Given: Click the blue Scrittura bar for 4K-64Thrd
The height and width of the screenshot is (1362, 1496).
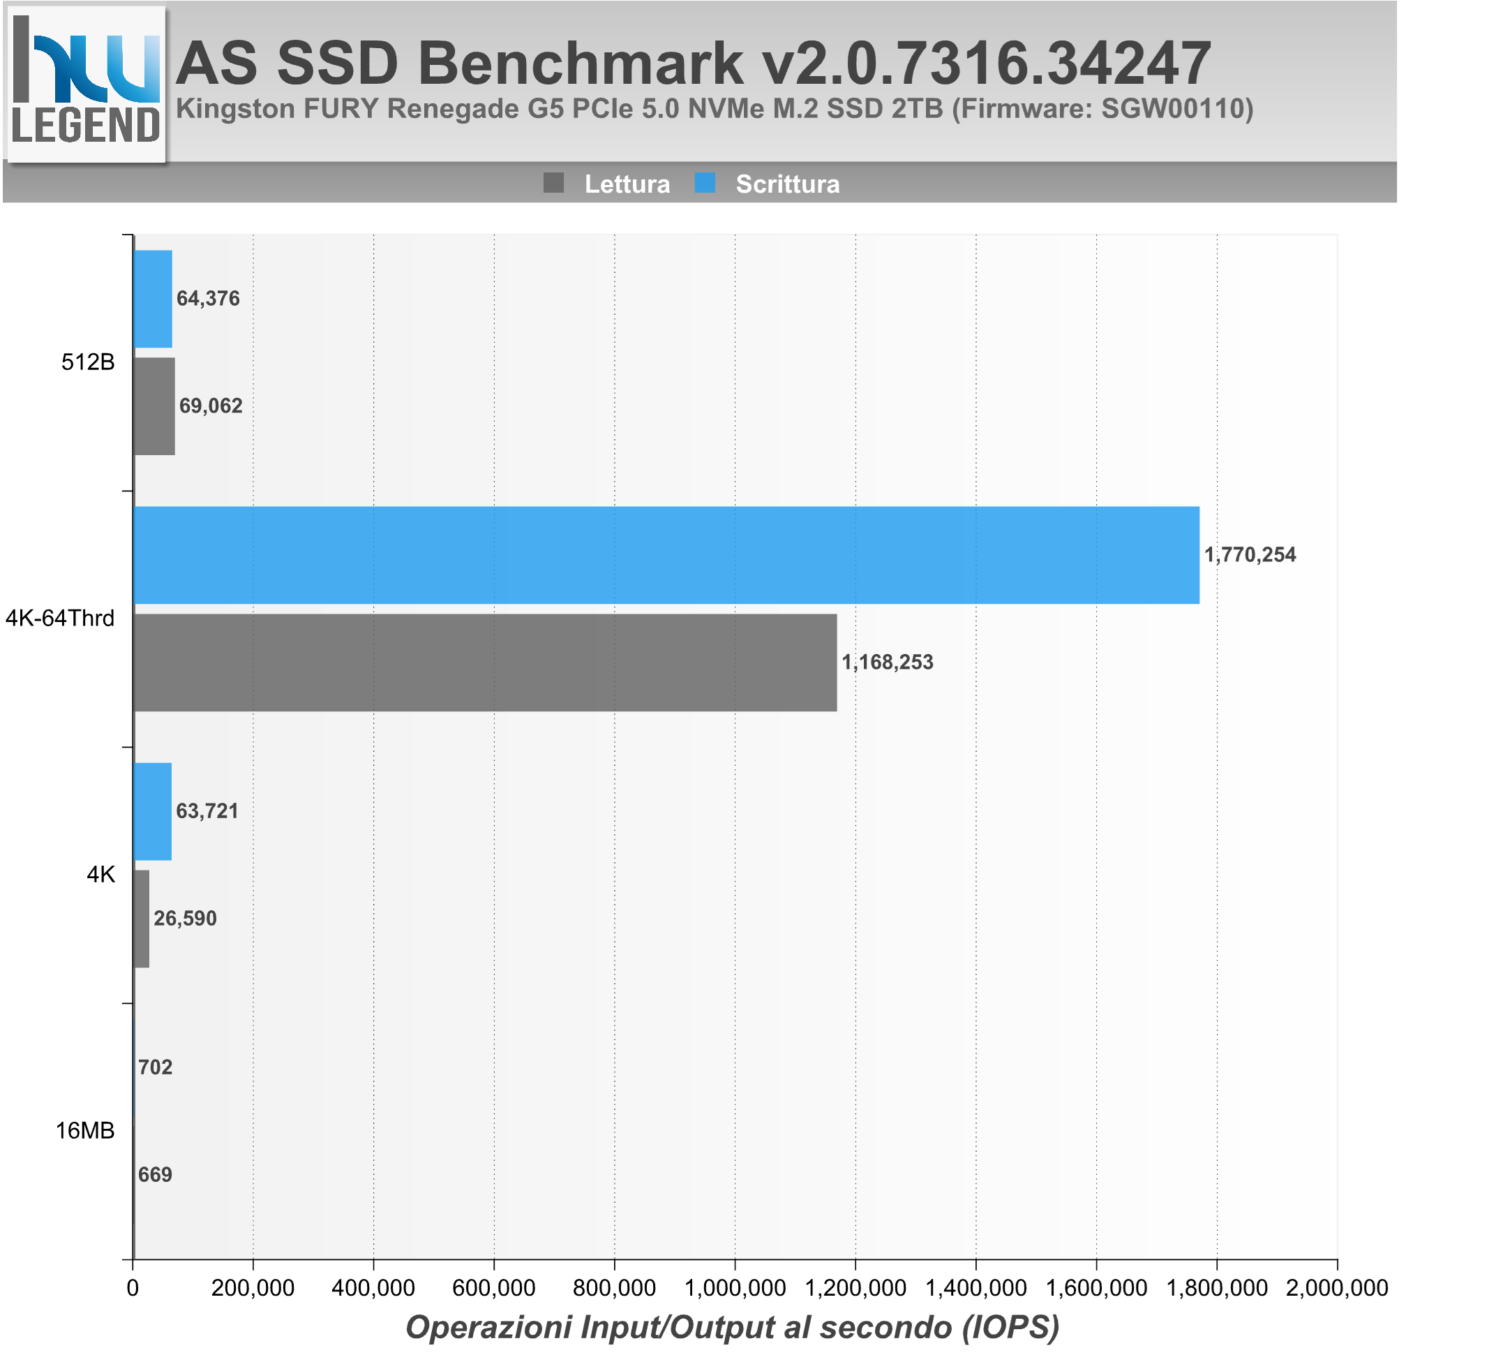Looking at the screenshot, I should (x=666, y=555).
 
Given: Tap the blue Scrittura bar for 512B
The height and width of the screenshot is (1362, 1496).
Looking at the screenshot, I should (x=153, y=298).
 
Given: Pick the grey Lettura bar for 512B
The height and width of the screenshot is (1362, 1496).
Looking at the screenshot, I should (x=154, y=406).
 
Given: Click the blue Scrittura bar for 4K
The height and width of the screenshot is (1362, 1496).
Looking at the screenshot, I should (x=153, y=811).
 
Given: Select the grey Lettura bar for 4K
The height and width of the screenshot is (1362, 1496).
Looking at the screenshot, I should (x=142, y=919).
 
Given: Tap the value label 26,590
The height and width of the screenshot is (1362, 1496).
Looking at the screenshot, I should (x=185, y=919).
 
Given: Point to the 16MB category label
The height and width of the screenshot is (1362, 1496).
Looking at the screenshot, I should (x=85, y=1131).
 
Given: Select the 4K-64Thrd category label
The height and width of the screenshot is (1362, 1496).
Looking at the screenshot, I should (x=60, y=619).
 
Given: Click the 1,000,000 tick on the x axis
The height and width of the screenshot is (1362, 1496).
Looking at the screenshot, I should (x=735, y=1288).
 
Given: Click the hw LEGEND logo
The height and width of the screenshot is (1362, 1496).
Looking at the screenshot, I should (x=86, y=83).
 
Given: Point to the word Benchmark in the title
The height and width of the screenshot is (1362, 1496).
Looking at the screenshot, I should (x=581, y=64).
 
